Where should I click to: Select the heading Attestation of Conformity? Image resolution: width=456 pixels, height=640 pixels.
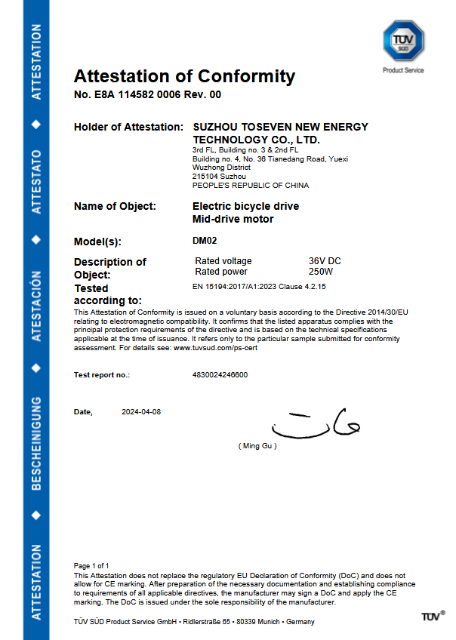(184, 76)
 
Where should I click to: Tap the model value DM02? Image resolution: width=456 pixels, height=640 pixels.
(205, 242)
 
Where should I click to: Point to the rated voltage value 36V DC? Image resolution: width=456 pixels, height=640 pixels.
(325, 261)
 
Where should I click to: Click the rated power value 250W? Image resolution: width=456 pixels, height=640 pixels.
(321, 271)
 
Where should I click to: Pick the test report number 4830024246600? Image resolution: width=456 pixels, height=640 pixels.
(220, 374)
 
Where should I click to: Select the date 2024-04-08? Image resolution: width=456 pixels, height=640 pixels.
(141, 412)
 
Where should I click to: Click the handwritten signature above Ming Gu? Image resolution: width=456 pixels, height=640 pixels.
(317, 425)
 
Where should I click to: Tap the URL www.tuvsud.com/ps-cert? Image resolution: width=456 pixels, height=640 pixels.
(221, 349)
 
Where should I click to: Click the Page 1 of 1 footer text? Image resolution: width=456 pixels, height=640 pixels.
(91, 565)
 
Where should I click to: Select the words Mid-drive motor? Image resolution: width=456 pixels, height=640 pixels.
(233, 220)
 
